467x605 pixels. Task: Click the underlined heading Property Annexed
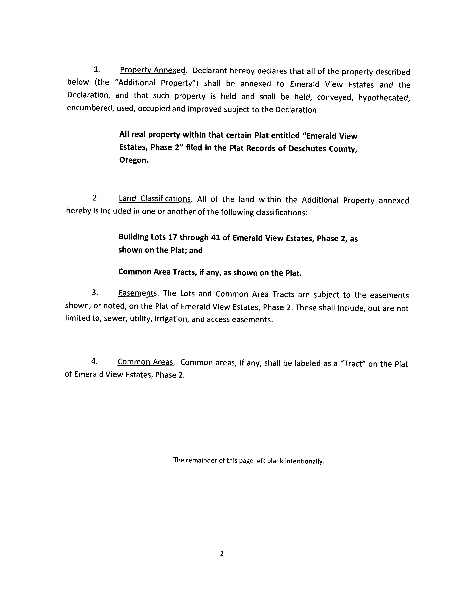pos(152,70)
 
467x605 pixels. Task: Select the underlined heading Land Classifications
pos(155,199)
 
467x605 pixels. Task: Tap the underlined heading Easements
pos(137,293)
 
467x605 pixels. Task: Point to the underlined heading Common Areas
pos(146,362)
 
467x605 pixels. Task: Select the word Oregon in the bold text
pos(134,160)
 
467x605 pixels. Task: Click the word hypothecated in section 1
pos(384,98)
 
